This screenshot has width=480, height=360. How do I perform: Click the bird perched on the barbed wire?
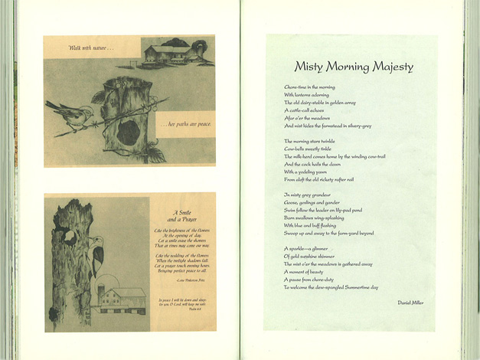pyautogui.click(x=69, y=112)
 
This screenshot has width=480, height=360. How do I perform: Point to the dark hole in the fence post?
pyautogui.click(x=127, y=132)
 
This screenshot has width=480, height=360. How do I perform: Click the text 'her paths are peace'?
pyautogui.click(x=184, y=125)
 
